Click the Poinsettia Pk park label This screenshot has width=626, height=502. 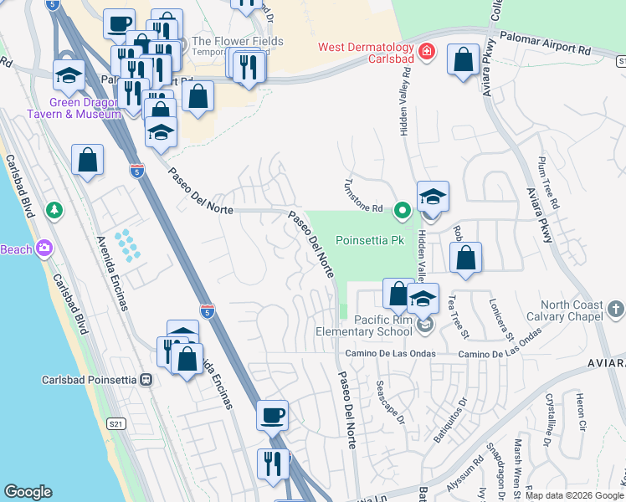(x=369, y=240)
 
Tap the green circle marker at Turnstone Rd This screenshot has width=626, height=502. (x=402, y=209)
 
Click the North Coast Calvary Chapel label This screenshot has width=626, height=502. (x=561, y=310)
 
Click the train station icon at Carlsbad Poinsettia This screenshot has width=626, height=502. (x=147, y=379)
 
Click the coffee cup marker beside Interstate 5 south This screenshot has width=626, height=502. (x=272, y=414)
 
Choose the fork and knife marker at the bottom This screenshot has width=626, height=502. (x=273, y=462)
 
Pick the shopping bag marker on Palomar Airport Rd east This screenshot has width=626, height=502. (x=462, y=60)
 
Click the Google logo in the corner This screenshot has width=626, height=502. (x=28, y=492)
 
